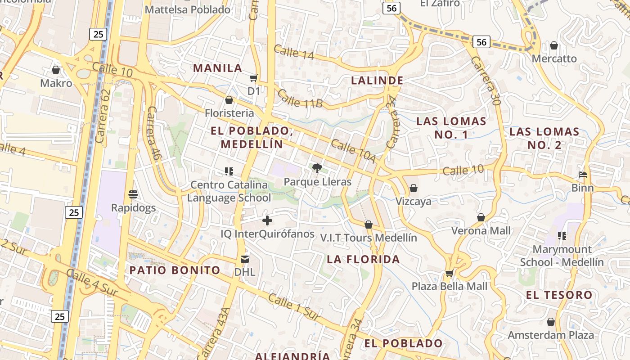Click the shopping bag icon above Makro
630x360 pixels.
pyautogui.click(x=56, y=70)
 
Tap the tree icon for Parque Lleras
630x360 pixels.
pyautogui.click(x=317, y=168)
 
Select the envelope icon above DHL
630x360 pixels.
pyautogui.click(x=245, y=259)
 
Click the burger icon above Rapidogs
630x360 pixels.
pyautogui.click(x=133, y=194)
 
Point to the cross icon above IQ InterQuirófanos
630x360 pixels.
pyautogui.click(x=267, y=220)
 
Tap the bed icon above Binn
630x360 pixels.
pyautogui.click(x=583, y=175)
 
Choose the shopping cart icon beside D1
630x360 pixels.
pyautogui.click(x=254, y=78)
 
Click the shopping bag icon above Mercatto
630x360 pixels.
pyautogui.click(x=554, y=45)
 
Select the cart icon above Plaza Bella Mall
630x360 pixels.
pyautogui.click(x=449, y=273)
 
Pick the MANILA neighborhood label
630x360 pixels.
pyautogui.click(x=218, y=68)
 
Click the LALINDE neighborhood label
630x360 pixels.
pyautogui.click(x=377, y=81)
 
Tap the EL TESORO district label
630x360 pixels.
pyautogui.click(x=559, y=295)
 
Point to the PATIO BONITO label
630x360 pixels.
pyautogui.click(x=175, y=270)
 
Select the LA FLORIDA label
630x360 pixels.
pyautogui.click(x=363, y=259)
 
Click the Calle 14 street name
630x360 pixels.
pyautogui.click(x=293, y=52)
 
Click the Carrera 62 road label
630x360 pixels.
pyautogui.click(x=103, y=116)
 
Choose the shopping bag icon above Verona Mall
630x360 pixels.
pyautogui.click(x=481, y=218)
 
